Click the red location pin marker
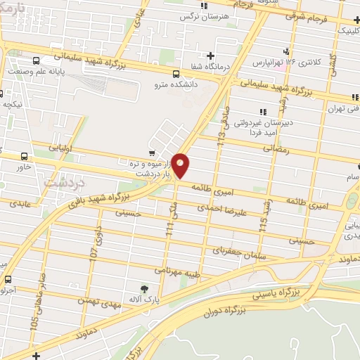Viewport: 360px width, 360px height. click(x=181, y=165)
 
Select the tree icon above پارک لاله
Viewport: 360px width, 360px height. click(x=145, y=288)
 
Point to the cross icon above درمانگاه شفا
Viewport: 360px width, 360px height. click(x=210, y=56)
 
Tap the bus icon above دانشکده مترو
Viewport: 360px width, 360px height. click(x=175, y=73)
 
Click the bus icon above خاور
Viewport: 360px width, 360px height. click(x=25, y=156)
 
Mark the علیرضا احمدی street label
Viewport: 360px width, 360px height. click(x=220, y=208)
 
